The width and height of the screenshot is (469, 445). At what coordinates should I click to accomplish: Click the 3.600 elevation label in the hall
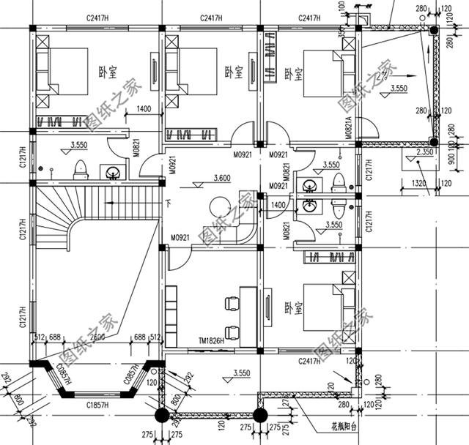coord(223,177)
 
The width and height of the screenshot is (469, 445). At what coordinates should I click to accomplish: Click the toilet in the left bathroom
coord(81,169)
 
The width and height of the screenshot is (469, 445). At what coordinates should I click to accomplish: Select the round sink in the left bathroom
coord(112,173)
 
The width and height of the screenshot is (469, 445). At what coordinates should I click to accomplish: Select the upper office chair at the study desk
coord(232,303)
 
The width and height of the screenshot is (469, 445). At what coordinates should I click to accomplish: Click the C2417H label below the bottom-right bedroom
coord(314,361)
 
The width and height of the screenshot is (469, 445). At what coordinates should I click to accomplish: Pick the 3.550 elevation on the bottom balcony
coord(243,373)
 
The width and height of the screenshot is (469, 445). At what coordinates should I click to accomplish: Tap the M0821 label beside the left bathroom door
coord(137,151)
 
